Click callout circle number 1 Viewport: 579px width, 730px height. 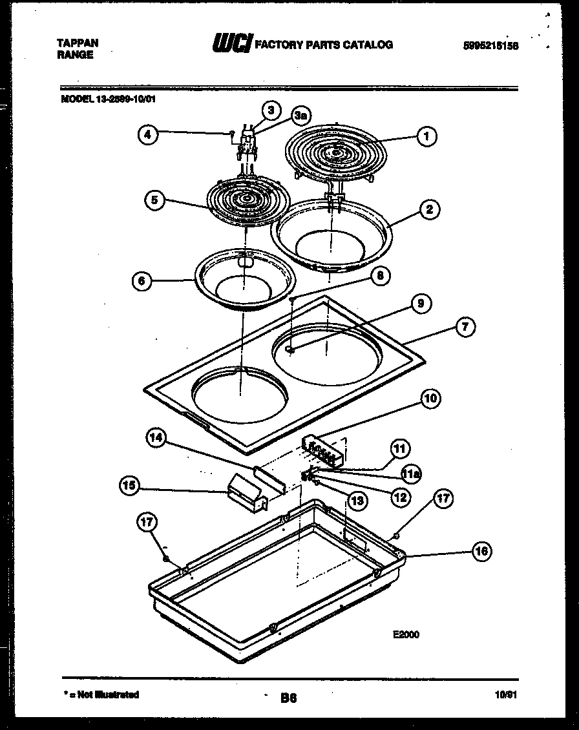pos(426,136)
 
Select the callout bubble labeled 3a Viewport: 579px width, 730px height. pos(300,116)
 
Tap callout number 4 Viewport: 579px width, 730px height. pos(148,135)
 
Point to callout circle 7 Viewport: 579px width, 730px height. pos(465,327)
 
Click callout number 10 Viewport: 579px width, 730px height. pos(430,399)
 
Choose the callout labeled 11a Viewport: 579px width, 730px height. pos(412,475)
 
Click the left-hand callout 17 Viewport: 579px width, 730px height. pos(147,521)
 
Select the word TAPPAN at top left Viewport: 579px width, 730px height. pos(78,43)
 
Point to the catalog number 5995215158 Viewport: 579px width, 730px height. pos(491,46)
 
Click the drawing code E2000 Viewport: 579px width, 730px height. pos(406,634)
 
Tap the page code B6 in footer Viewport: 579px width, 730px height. pos(288,697)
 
